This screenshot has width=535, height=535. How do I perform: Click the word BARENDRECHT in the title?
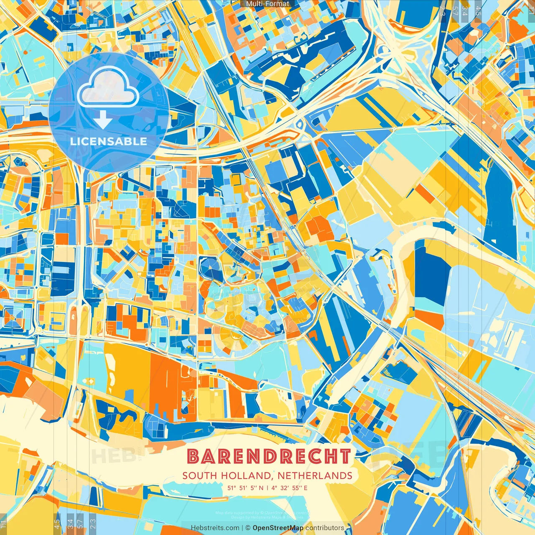point(269,456)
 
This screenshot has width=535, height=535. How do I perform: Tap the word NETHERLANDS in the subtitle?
point(314,476)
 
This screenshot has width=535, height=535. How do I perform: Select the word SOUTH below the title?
point(199,476)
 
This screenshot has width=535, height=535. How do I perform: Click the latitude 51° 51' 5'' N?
point(246,488)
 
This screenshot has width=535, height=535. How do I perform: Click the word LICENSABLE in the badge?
point(109,141)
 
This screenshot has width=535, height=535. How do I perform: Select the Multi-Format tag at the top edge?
point(267,4)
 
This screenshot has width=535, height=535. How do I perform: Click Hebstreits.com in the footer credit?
point(215,528)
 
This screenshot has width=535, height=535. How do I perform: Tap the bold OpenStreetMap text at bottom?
point(278,528)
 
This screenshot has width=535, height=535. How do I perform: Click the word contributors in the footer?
point(325,528)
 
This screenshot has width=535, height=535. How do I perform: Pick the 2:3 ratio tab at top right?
point(443,11)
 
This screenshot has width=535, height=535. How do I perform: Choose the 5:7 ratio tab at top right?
point(455,11)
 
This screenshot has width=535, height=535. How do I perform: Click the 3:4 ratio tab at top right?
point(465,11)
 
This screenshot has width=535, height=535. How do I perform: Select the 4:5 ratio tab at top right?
point(478,11)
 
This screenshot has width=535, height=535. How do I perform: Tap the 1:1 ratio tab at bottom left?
point(3,524)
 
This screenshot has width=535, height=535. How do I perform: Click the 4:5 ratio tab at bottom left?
point(57,524)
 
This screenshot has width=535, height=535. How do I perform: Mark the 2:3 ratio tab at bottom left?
point(93,524)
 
